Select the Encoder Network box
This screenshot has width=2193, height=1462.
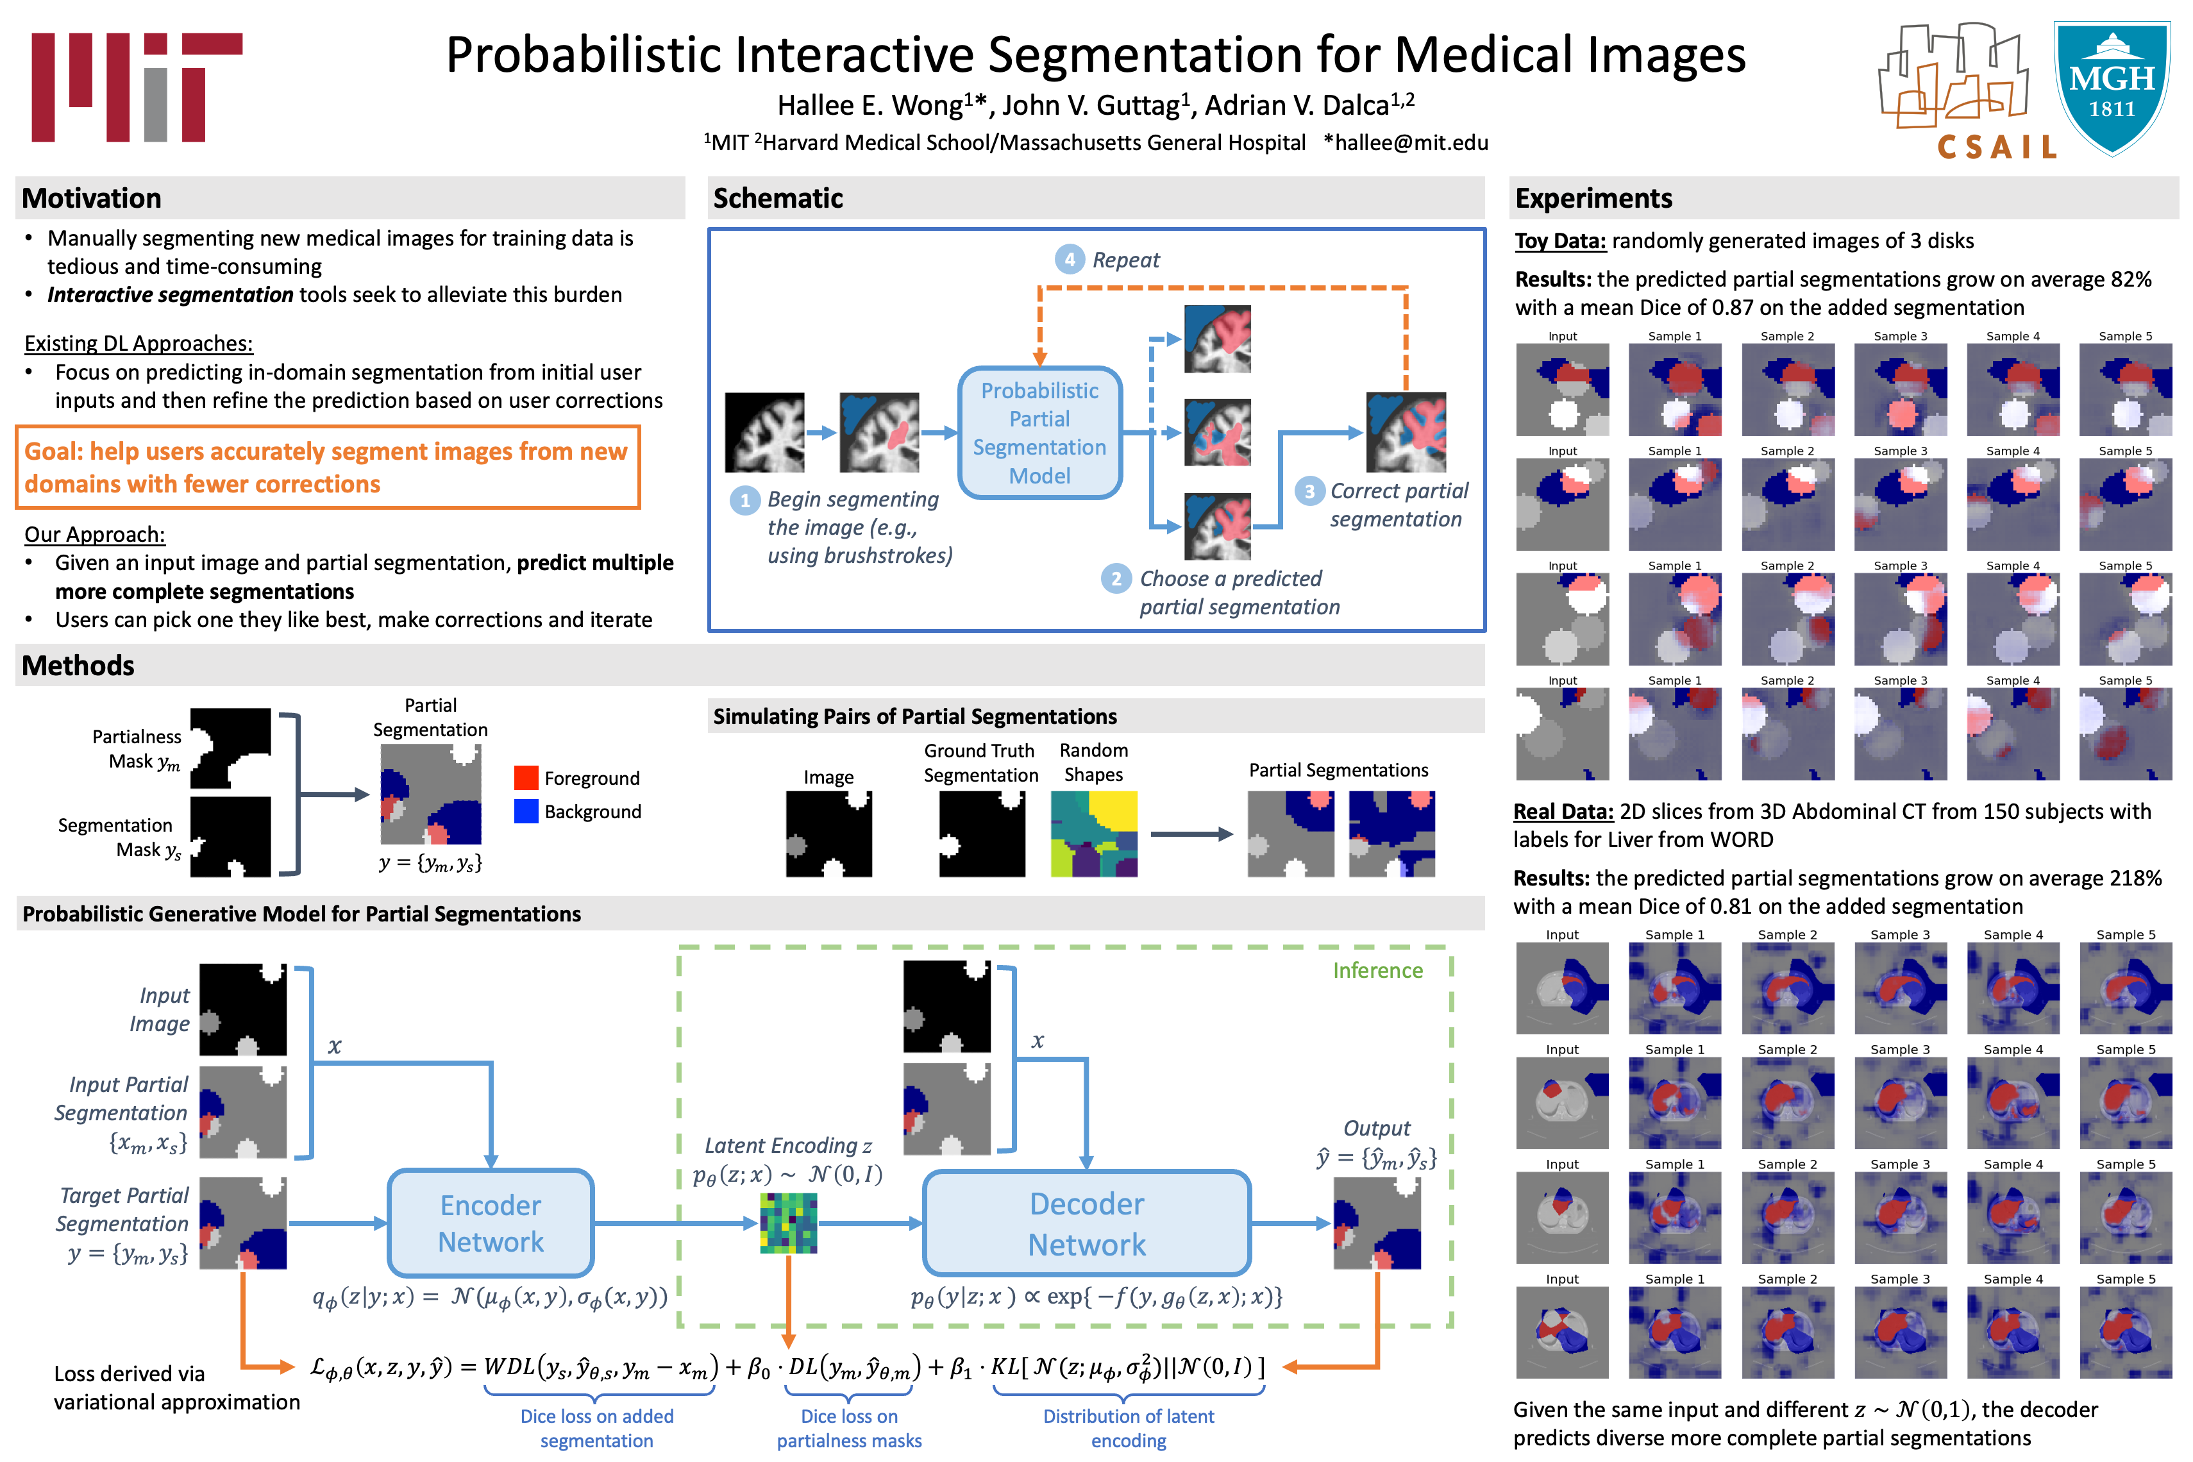tap(491, 1222)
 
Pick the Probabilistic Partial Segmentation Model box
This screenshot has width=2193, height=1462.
tap(1039, 433)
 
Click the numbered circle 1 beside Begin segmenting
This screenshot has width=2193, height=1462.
tap(744, 501)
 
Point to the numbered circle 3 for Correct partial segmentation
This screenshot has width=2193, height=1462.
tap(1309, 491)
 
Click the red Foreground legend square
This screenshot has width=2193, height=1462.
tap(526, 778)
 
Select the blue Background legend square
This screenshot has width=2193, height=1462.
tap(526, 811)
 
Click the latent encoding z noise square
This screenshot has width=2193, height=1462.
tap(788, 1222)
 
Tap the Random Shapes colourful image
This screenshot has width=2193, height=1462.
tap(1094, 834)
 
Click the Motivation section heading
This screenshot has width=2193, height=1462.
tap(91, 199)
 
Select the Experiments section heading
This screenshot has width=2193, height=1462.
tap(1593, 199)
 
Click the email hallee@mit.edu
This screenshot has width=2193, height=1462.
tap(1411, 142)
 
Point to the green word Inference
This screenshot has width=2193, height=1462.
tap(1377, 971)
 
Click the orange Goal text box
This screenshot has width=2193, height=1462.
tap(327, 467)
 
